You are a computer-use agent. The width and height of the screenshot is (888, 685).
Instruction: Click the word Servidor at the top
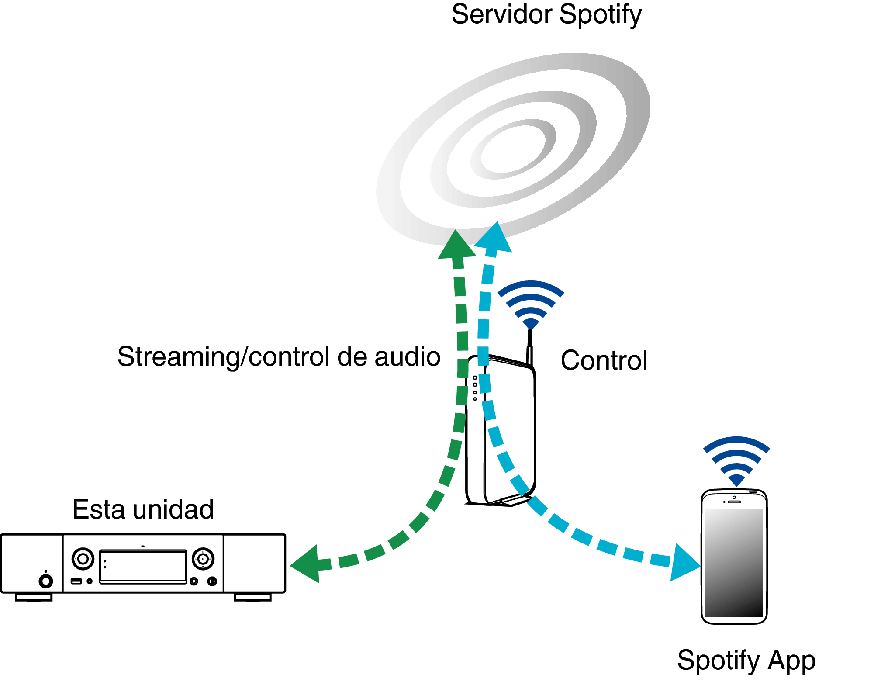click(502, 14)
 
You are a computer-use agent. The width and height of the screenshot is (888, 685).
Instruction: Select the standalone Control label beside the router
click(604, 360)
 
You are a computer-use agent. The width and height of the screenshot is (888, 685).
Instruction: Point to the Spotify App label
click(746, 660)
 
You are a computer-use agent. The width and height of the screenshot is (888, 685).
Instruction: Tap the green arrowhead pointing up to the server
click(457, 246)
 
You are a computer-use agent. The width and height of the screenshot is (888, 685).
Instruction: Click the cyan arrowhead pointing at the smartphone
click(684, 563)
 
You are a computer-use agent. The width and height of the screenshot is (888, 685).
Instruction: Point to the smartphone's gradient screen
click(734, 563)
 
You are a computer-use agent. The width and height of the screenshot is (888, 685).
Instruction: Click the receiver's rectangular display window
click(143, 567)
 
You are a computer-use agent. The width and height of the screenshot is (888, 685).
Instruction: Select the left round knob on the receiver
click(83, 559)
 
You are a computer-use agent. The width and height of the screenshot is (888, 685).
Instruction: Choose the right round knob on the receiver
click(203, 559)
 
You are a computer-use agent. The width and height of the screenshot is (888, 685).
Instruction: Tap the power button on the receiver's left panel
click(46, 581)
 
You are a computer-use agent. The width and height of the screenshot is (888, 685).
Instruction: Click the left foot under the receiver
click(34, 597)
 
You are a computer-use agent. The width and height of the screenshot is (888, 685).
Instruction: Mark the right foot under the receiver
click(253, 597)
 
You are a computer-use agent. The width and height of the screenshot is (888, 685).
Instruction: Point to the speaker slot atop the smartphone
click(734, 502)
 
